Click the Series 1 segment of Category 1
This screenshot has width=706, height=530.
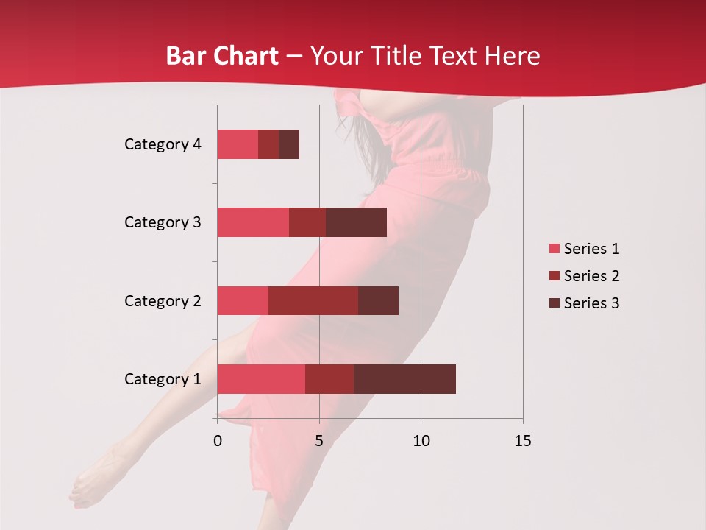pos(261,378)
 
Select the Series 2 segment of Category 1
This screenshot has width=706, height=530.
pos(329,378)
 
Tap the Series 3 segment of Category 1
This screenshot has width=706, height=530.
pos(404,378)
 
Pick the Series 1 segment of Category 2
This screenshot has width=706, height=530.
pos(243,300)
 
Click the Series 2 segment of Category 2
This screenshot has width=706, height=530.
pos(313,300)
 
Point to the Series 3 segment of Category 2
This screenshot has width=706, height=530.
pos(378,300)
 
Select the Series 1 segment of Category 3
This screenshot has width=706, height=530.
pos(253,222)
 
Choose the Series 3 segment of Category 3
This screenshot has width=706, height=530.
pos(356,222)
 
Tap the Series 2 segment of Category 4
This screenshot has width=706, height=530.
pos(268,144)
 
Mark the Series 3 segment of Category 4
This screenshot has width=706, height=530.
pos(289,144)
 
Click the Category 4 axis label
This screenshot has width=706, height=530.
pos(163,144)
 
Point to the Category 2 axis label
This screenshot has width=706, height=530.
pos(163,300)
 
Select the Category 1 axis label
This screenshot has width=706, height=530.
pos(163,379)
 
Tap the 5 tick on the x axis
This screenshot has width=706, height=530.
pos(319,441)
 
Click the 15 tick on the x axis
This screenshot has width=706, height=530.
pos(522,441)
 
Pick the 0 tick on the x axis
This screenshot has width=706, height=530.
pos(218,441)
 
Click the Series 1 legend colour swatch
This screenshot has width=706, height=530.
pos(554,249)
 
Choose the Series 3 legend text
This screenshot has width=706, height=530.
pos(591,303)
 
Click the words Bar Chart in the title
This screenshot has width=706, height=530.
pos(221,55)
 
